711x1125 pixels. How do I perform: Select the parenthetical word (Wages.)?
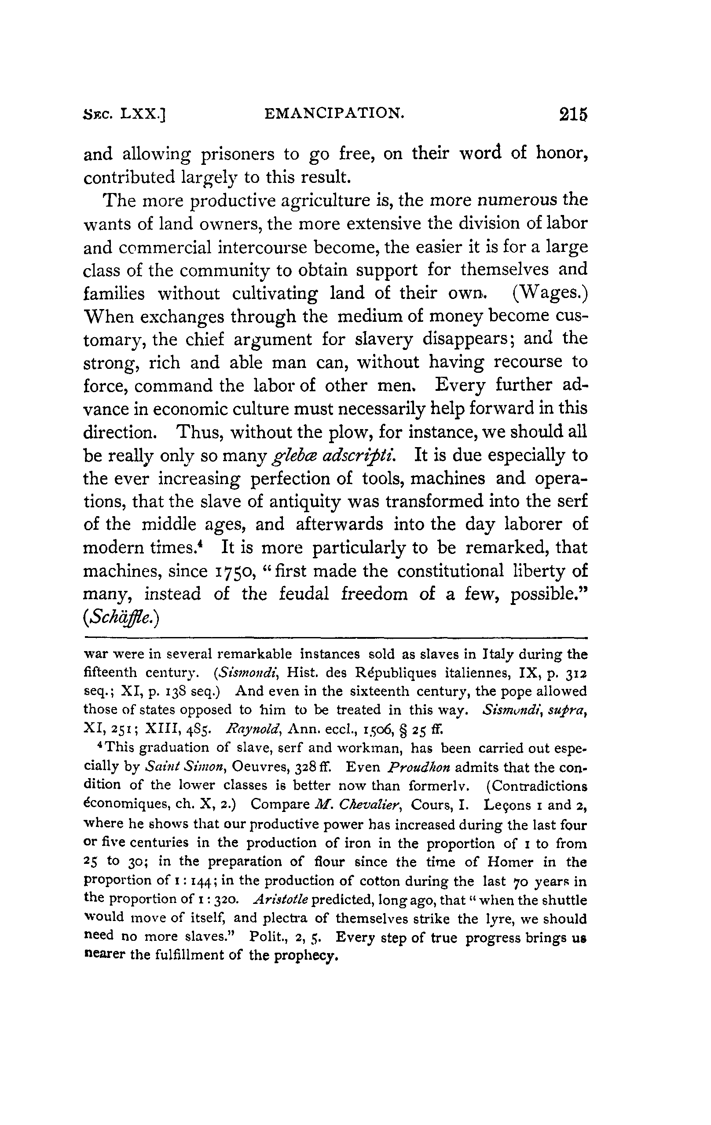pyautogui.click(x=549, y=293)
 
